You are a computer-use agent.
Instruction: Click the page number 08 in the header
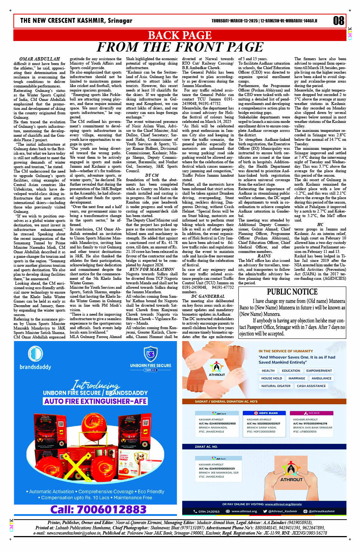coord(338,21)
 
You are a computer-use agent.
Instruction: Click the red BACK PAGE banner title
coord(180,35)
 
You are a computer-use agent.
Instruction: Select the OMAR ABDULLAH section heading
coord(39,59)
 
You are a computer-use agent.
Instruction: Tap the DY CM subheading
coord(152,175)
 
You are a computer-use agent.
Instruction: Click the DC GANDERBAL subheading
coord(208,296)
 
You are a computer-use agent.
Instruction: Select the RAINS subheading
coord(264,256)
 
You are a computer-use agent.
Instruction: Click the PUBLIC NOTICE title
coord(292,292)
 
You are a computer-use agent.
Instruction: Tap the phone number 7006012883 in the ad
coord(98,510)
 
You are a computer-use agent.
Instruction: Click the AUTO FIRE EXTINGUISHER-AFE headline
coord(95,401)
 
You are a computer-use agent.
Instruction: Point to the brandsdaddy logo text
coord(35,367)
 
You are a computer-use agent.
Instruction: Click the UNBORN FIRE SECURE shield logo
coord(150,353)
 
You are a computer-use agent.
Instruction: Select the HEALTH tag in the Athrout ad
coord(268,371)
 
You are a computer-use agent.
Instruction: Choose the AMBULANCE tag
coord(321,378)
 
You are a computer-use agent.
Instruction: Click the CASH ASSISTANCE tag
coord(311,386)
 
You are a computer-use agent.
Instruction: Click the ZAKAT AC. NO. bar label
coord(206,447)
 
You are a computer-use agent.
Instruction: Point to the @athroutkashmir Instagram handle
coord(322,511)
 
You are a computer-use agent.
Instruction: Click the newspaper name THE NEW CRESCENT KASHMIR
coord(76,21)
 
